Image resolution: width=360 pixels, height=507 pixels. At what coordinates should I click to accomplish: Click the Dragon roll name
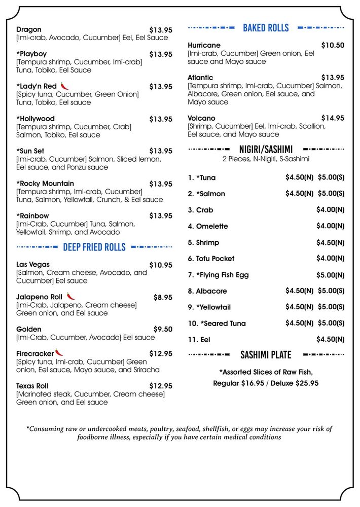[x=29, y=30]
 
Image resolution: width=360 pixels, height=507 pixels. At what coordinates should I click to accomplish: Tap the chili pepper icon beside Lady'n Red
[x=64, y=86]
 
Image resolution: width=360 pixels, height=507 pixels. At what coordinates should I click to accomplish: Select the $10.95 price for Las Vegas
[x=161, y=265]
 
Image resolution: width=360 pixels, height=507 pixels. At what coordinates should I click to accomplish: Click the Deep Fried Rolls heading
[x=94, y=247]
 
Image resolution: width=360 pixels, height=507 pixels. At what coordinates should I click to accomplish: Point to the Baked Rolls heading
[x=266, y=28]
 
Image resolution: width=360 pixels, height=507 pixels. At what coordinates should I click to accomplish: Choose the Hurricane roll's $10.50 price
[x=333, y=46]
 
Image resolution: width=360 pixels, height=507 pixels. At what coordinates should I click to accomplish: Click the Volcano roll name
[x=201, y=118]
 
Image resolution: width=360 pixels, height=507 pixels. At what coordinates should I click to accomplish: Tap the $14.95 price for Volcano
[x=333, y=118]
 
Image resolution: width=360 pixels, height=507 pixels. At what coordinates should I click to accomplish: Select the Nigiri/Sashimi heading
[x=266, y=150]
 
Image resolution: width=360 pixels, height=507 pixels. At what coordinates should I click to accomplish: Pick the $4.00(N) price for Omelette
[x=330, y=226]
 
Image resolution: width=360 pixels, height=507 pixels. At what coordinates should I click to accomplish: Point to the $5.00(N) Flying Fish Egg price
[x=330, y=275]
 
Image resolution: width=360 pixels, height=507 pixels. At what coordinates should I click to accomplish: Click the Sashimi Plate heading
[x=266, y=354]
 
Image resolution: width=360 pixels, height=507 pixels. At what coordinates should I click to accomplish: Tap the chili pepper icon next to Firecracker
[x=60, y=352]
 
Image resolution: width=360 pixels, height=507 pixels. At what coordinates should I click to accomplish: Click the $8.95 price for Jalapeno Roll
[x=163, y=298]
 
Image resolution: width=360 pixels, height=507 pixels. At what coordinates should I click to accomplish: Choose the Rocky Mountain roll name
[x=45, y=184]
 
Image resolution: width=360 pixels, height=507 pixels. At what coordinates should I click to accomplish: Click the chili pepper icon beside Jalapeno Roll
[x=70, y=296]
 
